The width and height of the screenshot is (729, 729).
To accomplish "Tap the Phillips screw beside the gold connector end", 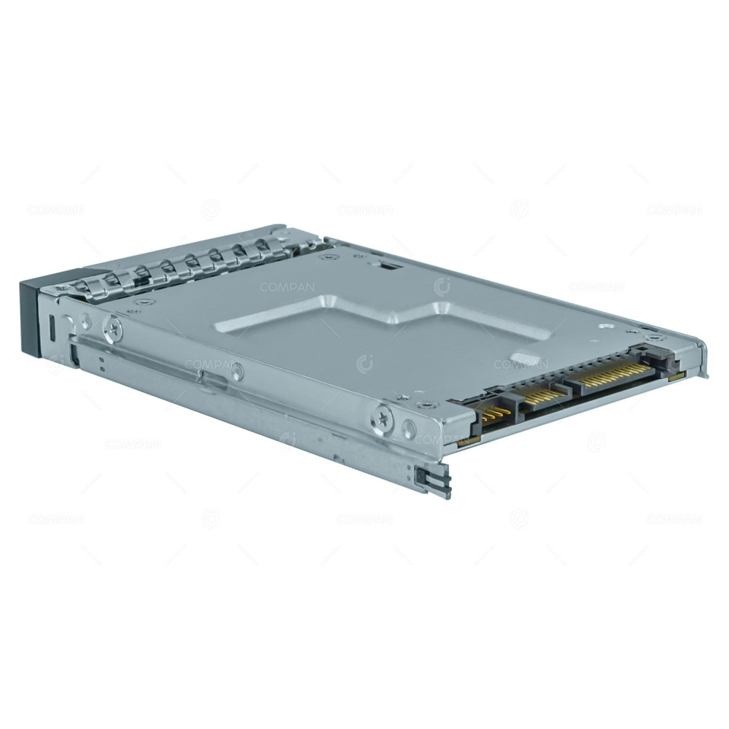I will coord(385,417).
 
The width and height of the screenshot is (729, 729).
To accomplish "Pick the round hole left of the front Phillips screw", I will coord(86,319).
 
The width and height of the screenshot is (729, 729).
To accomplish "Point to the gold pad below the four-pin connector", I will coord(467,440).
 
